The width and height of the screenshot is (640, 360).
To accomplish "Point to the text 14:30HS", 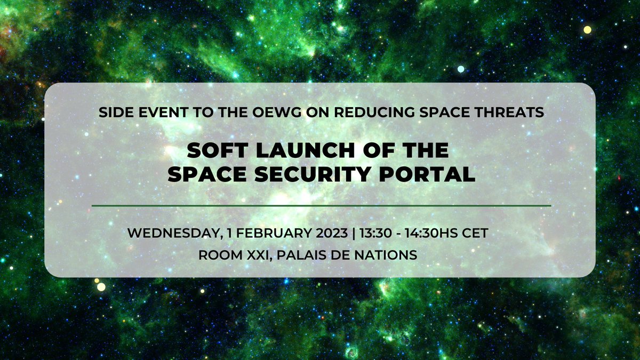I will click(434, 234).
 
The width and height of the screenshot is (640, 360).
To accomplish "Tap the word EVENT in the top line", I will click(154, 113).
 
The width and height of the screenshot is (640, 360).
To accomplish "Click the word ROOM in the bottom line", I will click(216, 255).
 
